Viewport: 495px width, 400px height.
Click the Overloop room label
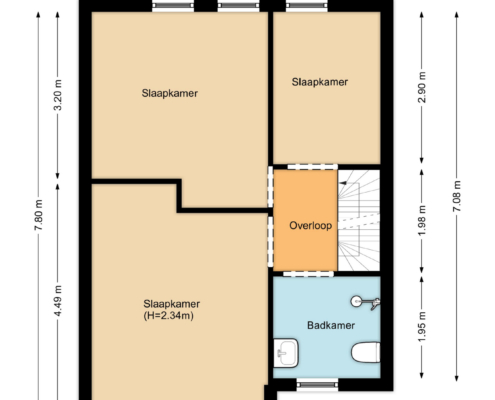pyautogui.click(x=310, y=226)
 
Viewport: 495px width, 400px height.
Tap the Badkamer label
pyautogui.click(x=331, y=325)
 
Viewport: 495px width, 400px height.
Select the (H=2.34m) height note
pyautogui.click(x=169, y=315)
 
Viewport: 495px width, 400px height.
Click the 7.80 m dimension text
pyautogui.click(x=39, y=215)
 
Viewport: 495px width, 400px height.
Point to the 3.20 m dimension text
pyautogui.click(x=58, y=95)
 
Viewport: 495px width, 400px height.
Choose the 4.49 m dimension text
pyautogui.click(x=58, y=302)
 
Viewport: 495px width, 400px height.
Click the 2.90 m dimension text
pyautogui.click(x=422, y=88)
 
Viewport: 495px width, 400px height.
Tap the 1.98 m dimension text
pyautogui.click(x=422, y=221)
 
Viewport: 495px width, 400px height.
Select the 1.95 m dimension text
pyautogui.click(x=422, y=327)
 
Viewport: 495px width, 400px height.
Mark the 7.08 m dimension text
pyautogui.click(x=457, y=196)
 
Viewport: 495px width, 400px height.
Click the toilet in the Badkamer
pyautogui.click(x=366, y=352)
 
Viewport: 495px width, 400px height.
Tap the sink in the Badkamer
pyautogui.click(x=286, y=353)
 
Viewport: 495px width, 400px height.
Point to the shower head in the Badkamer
pyautogui.click(x=356, y=302)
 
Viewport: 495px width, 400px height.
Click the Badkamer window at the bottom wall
pyautogui.click(x=317, y=385)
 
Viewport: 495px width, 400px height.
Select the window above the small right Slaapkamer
pyautogui.click(x=307, y=5)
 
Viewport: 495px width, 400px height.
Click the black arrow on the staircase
pyautogui.click(x=343, y=183)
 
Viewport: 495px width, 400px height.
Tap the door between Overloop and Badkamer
pyautogui.click(x=308, y=274)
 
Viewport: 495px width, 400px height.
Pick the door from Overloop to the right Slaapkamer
pyautogui.click(x=313, y=167)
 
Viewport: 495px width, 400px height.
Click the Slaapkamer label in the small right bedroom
pyautogui.click(x=320, y=82)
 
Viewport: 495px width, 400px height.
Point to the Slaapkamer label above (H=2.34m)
pyautogui.click(x=172, y=304)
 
